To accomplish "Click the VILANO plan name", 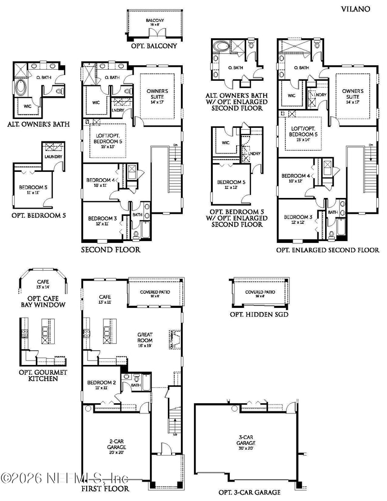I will click(x=356, y=8).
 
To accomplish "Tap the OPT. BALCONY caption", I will click(x=154, y=46).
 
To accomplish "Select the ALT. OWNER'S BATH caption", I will click(x=38, y=124).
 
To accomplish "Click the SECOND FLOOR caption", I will click(x=111, y=250).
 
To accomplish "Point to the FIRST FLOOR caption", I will click(x=105, y=488).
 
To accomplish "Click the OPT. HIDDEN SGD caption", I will click(x=259, y=314).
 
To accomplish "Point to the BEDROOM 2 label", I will click(x=102, y=385).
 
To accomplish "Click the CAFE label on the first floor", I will click(x=104, y=299).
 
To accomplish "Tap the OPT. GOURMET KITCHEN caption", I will click(x=43, y=375).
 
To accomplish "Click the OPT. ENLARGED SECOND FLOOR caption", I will click(x=327, y=250).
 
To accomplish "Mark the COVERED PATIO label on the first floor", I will click(x=155, y=293).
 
